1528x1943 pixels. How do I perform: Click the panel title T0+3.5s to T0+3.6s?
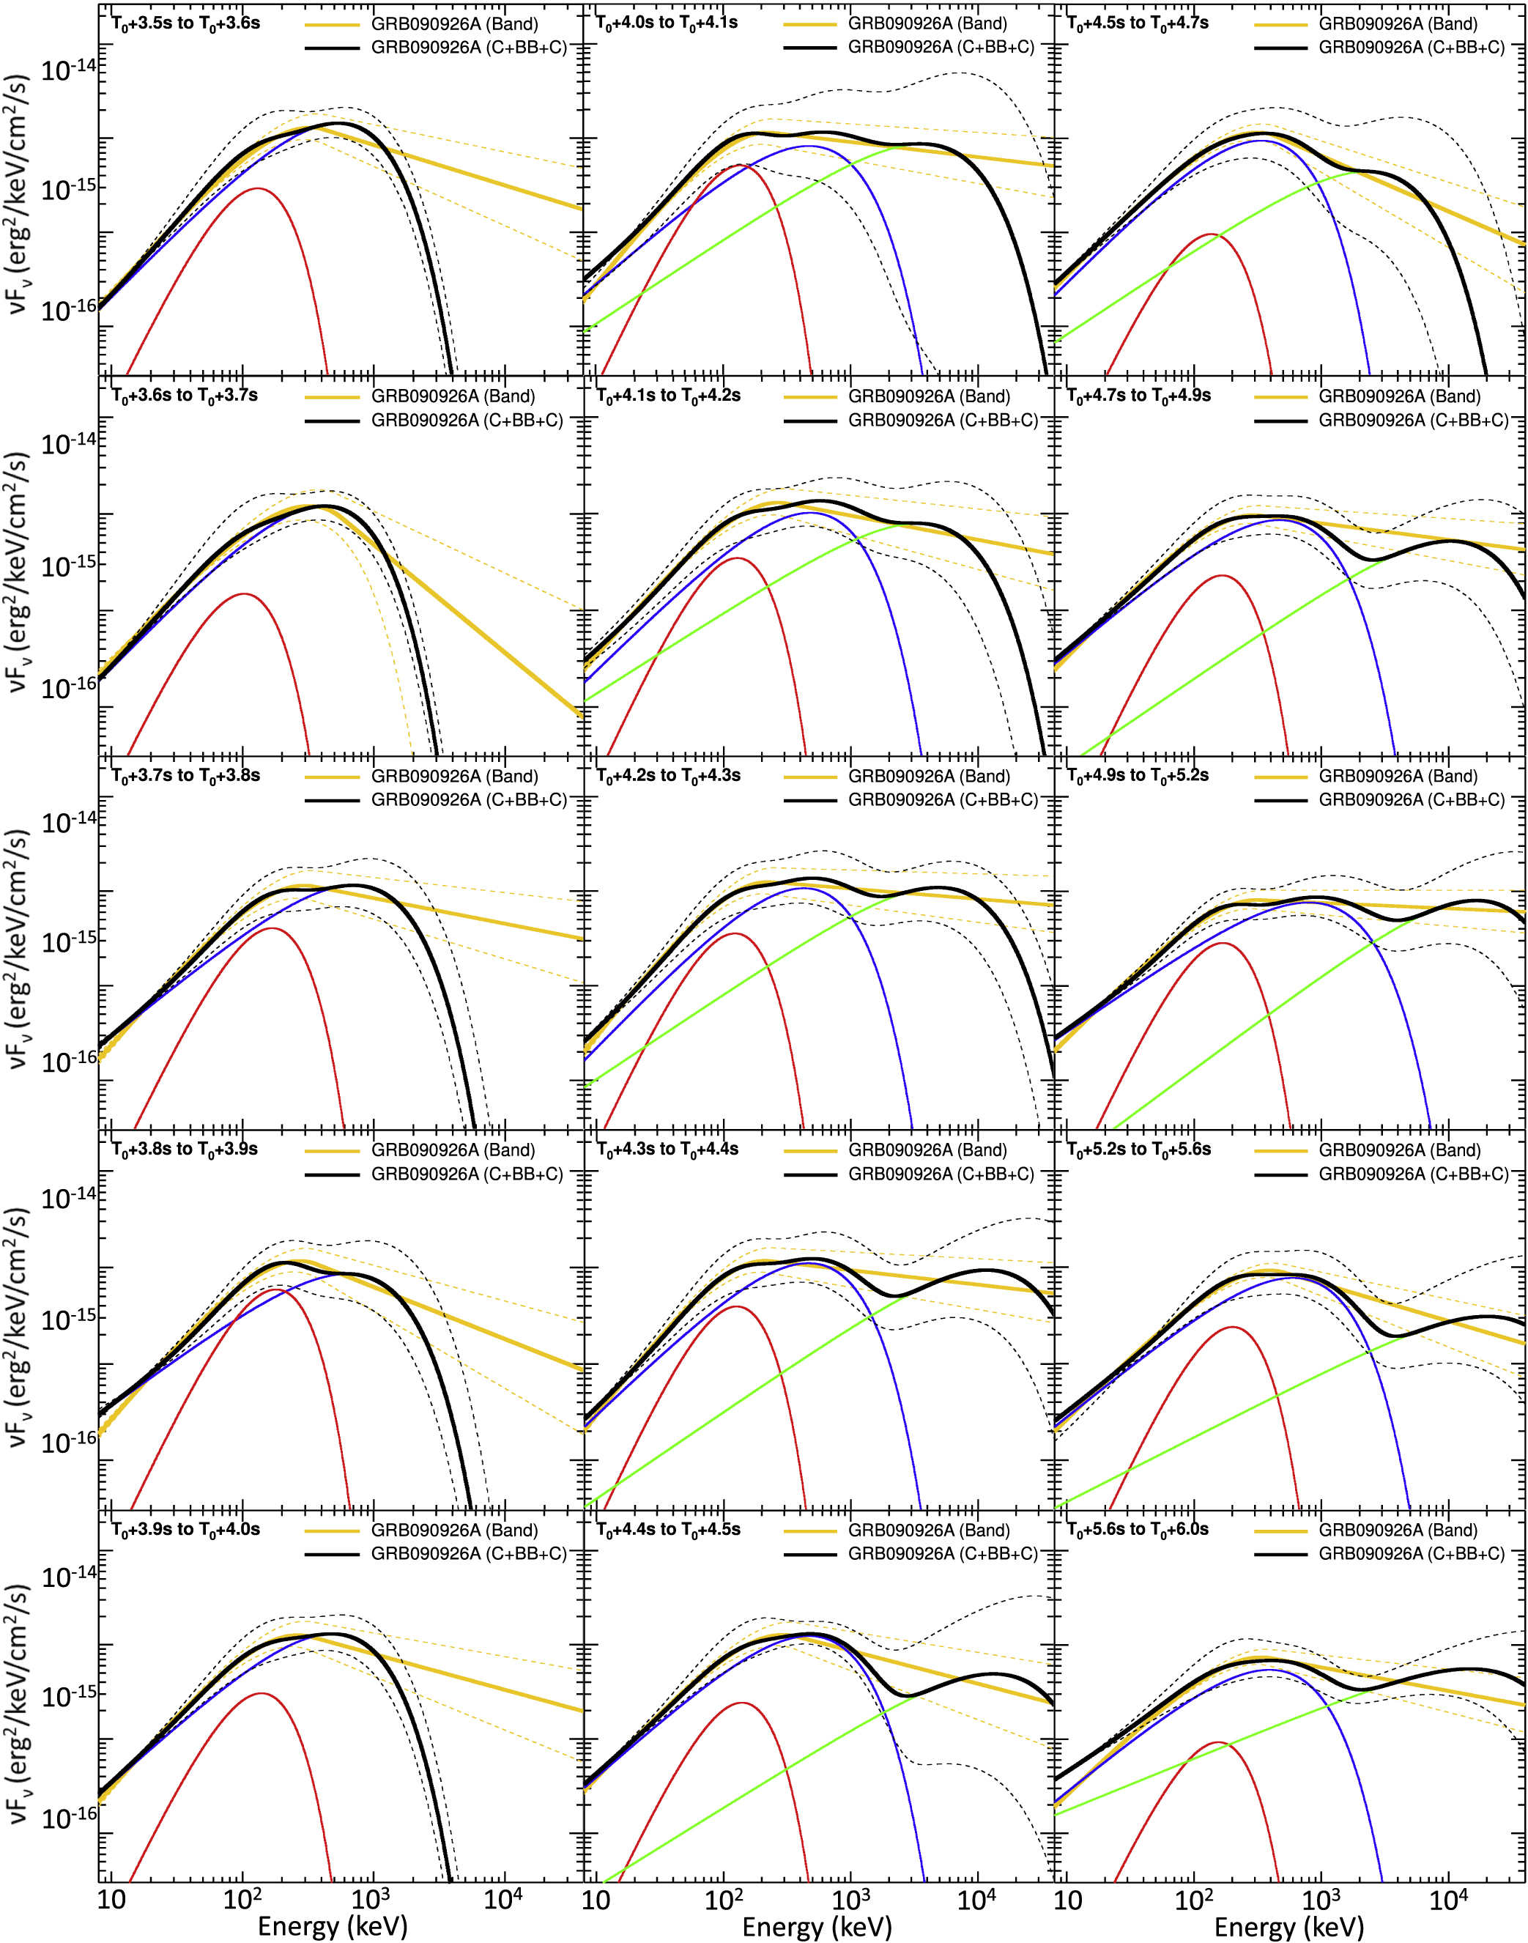(185, 23)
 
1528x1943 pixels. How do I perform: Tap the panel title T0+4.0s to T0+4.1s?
(667, 23)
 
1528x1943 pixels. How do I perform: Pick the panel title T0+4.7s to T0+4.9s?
(1139, 396)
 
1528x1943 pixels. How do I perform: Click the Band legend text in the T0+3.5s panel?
(454, 24)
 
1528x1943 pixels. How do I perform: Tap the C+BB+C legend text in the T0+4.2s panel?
(942, 800)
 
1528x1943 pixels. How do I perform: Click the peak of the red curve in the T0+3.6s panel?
(244, 594)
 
